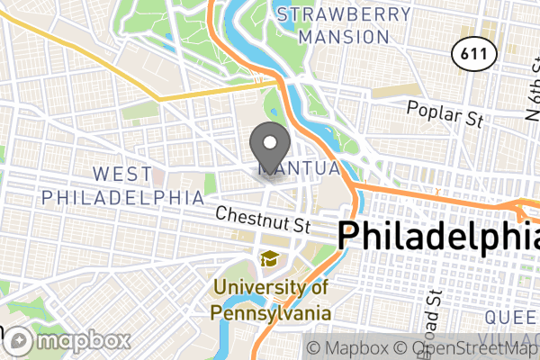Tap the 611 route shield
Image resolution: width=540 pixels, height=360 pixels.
(475, 54)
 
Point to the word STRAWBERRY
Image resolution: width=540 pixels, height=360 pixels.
(345, 14)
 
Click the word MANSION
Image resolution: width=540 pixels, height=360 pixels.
(344, 37)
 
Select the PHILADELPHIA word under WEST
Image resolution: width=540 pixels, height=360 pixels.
(122, 195)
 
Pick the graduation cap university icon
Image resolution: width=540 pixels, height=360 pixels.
(269, 259)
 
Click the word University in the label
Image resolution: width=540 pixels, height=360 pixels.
(261, 290)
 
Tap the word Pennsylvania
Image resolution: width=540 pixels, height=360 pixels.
(270, 312)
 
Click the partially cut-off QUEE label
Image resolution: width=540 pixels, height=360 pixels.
(511, 317)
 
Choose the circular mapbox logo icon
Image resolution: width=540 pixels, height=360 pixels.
(19, 341)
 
